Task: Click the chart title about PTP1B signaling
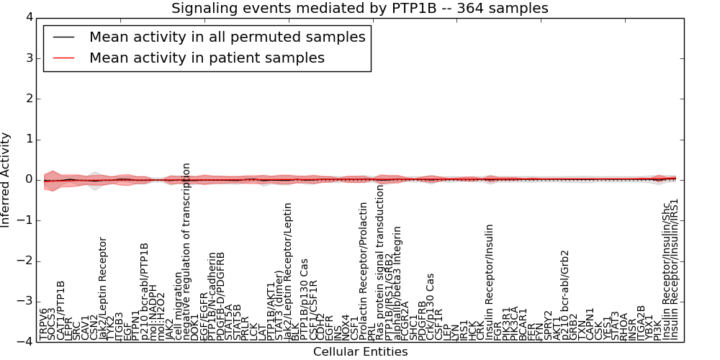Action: (x=359, y=9)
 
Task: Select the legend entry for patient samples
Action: (x=207, y=58)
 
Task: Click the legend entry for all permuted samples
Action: (x=227, y=37)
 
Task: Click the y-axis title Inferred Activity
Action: (x=6, y=180)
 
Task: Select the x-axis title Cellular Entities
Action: (x=360, y=352)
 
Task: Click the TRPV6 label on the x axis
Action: (x=45, y=324)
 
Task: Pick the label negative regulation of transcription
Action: (x=186, y=251)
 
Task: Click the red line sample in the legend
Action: (x=63, y=58)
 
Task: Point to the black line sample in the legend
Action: (x=63, y=37)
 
